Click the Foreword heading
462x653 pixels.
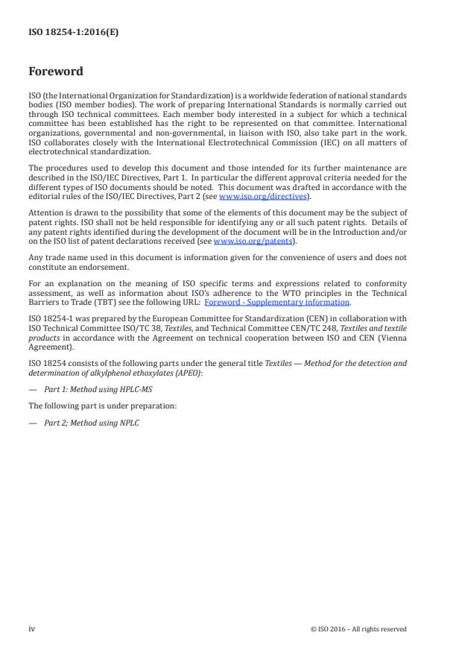click(x=55, y=72)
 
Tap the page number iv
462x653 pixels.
click(x=31, y=628)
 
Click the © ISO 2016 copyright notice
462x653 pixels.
click(x=358, y=629)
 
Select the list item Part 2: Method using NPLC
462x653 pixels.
click(x=86, y=423)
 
